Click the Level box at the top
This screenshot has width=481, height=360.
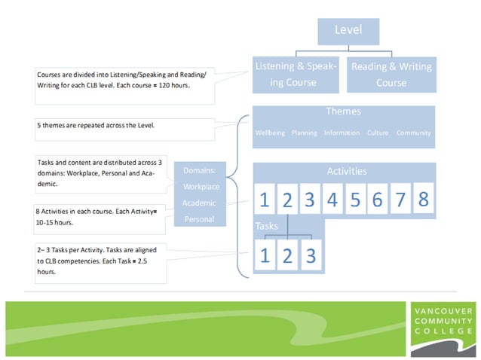[348, 31]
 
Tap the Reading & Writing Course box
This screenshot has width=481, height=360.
[391, 75]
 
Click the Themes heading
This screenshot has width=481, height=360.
[343, 111]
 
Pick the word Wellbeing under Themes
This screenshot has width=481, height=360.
[270, 133]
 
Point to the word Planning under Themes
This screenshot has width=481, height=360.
[304, 133]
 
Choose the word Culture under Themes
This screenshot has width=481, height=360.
[378, 133]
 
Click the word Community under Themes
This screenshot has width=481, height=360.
[413, 133]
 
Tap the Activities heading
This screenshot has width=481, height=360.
[347, 172]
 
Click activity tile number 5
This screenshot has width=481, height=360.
[355, 200]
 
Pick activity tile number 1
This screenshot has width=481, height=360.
[265, 200]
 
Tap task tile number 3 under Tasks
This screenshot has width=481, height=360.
[309, 256]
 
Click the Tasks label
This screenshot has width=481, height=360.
[266, 226]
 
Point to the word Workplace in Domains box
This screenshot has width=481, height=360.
[201, 186]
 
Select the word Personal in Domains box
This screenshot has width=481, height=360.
[200, 219]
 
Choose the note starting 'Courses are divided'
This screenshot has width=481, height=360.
[113, 81]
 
